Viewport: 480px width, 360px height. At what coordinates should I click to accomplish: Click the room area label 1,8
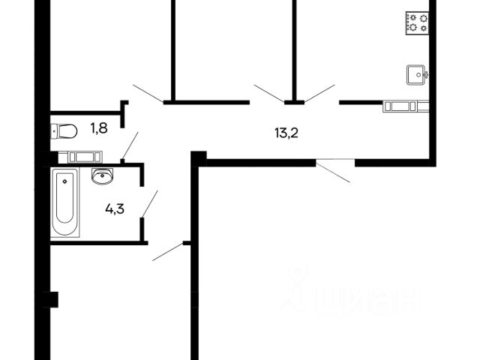point(98,128)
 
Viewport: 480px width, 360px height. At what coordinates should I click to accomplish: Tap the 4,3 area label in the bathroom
point(115,209)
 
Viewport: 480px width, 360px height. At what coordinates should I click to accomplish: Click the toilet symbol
point(64,132)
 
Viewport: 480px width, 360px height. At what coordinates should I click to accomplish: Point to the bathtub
point(65,203)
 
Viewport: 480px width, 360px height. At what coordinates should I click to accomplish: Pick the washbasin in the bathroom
point(102,176)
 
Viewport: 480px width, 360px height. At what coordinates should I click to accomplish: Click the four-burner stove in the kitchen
point(416,22)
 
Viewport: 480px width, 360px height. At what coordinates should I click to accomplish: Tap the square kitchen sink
point(416,73)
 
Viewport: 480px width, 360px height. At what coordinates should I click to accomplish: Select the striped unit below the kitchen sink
point(405,106)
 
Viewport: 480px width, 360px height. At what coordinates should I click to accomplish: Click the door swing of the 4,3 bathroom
point(149,204)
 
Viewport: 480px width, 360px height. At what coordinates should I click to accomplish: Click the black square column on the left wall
point(50,299)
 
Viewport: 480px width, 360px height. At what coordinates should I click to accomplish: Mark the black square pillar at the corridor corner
point(198,157)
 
